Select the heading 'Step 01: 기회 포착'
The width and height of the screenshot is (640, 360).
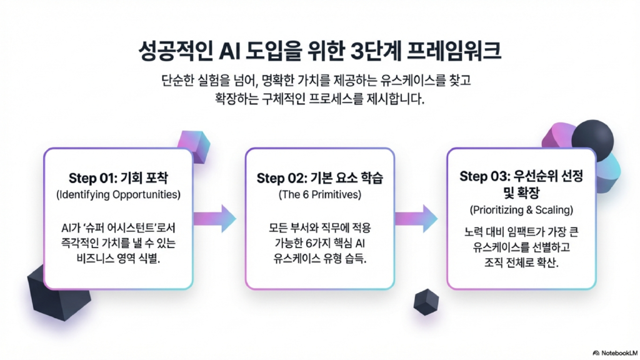[118, 177]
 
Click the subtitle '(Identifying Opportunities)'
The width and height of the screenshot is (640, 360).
[118, 194]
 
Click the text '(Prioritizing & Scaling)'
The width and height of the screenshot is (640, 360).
[522, 209]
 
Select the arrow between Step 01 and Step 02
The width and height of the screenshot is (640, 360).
[216, 218]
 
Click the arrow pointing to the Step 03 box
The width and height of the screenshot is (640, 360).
[417, 218]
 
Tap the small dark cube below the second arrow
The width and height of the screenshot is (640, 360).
[426, 302]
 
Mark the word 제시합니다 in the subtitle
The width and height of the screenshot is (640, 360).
[391, 99]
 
